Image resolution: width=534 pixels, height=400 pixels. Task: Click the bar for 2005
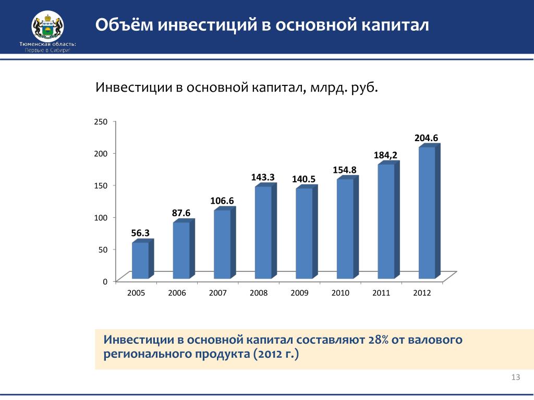click(x=140, y=260)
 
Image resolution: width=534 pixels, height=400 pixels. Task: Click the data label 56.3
click(x=140, y=233)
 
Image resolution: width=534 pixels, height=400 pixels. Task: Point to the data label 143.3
click(x=263, y=177)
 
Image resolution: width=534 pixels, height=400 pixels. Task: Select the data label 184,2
click(x=385, y=155)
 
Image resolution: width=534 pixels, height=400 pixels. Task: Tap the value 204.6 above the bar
click(x=426, y=138)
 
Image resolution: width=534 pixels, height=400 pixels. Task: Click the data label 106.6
click(x=222, y=201)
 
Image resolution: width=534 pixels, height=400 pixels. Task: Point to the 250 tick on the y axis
click(x=101, y=122)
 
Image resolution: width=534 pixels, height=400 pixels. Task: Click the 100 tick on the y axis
click(x=101, y=217)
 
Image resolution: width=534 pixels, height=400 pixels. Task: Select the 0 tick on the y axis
click(x=105, y=282)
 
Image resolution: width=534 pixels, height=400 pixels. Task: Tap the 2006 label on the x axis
click(x=177, y=293)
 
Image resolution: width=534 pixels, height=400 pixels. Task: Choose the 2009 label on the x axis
click(x=299, y=293)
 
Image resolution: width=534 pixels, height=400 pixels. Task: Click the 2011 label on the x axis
click(x=381, y=293)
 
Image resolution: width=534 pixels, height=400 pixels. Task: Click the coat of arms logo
click(x=47, y=27)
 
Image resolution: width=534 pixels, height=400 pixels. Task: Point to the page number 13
click(x=516, y=378)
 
